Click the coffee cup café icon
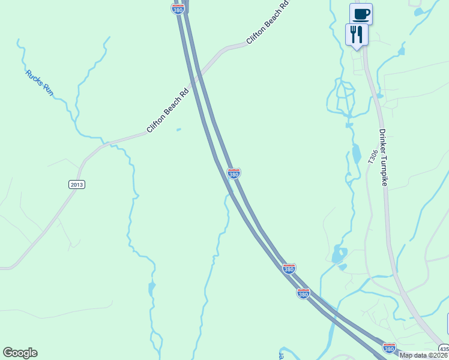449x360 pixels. pos(361,13)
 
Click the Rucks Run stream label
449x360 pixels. pos(40,82)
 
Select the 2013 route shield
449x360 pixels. pos(76,184)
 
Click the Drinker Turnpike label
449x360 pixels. pos(384,157)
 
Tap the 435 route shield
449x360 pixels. pos(443,349)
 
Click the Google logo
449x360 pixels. pos(20,353)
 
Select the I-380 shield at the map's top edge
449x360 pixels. pos(178,10)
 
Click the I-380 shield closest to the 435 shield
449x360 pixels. pos(389,347)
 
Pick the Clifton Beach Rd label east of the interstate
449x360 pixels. pos(268,23)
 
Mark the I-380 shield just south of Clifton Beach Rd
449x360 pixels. pos(234,173)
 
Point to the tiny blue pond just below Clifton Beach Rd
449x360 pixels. pos(178,129)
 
